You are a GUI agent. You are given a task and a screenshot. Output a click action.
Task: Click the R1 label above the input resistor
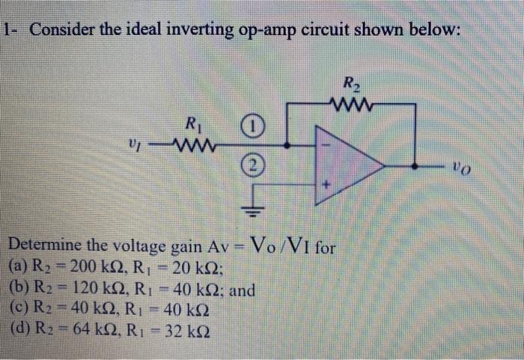192,123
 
